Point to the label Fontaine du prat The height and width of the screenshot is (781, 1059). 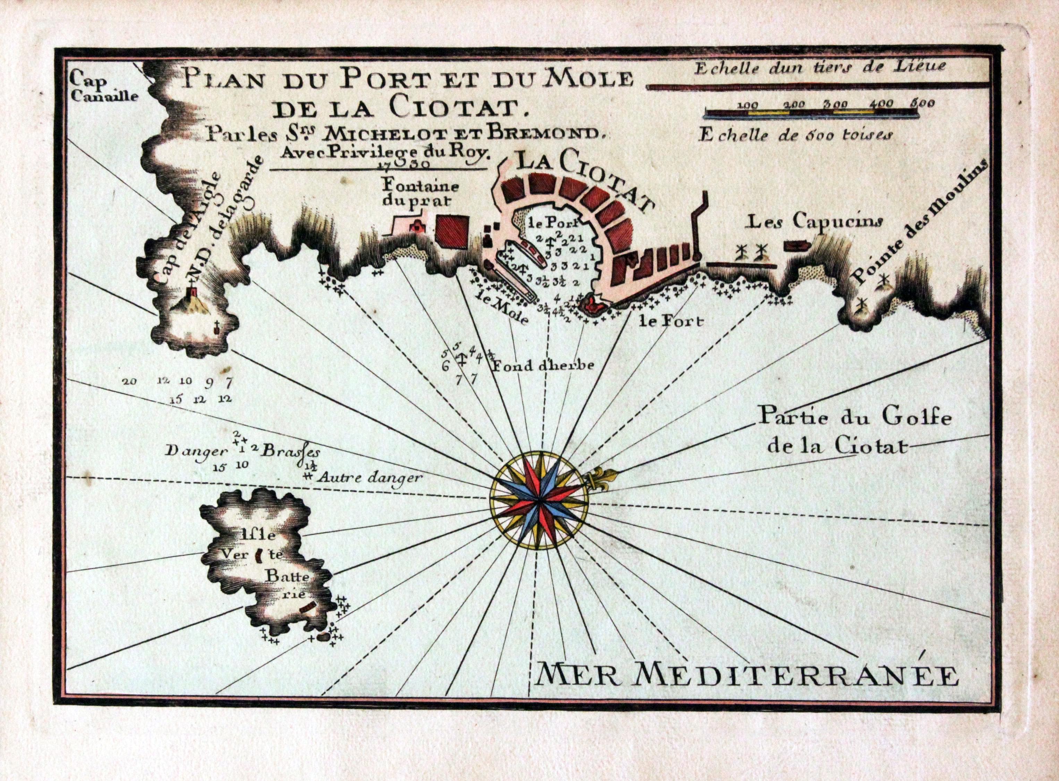[x=414, y=191]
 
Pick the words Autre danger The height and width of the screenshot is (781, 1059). [x=367, y=477]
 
